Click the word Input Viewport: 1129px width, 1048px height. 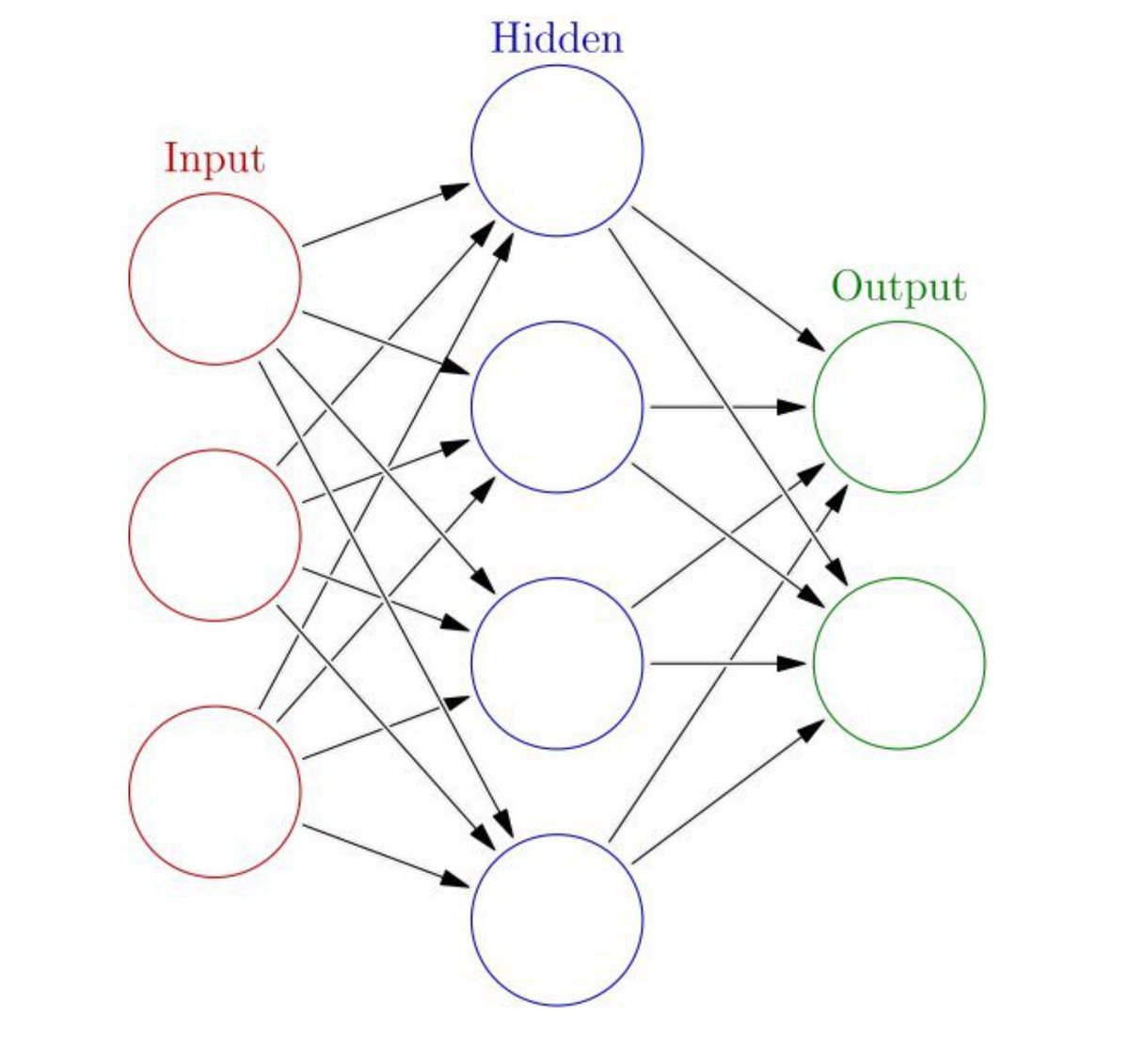(x=215, y=158)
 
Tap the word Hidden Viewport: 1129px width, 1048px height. (x=556, y=40)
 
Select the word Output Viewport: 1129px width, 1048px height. (x=898, y=287)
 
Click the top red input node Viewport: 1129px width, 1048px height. (x=215, y=278)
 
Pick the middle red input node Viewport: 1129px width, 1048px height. (x=215, y=534)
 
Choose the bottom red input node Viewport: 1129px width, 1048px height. (x=215, y=791)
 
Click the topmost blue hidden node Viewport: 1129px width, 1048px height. (x=557, y=151)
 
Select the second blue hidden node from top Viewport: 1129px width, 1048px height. (x=557, y=406)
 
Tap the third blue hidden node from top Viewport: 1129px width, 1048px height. (x=557, y=663)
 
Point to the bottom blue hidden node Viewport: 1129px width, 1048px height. (x=557, y=919)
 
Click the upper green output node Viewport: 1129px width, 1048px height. (x=898, y=406)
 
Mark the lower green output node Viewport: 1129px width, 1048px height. (x=898, y=663)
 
